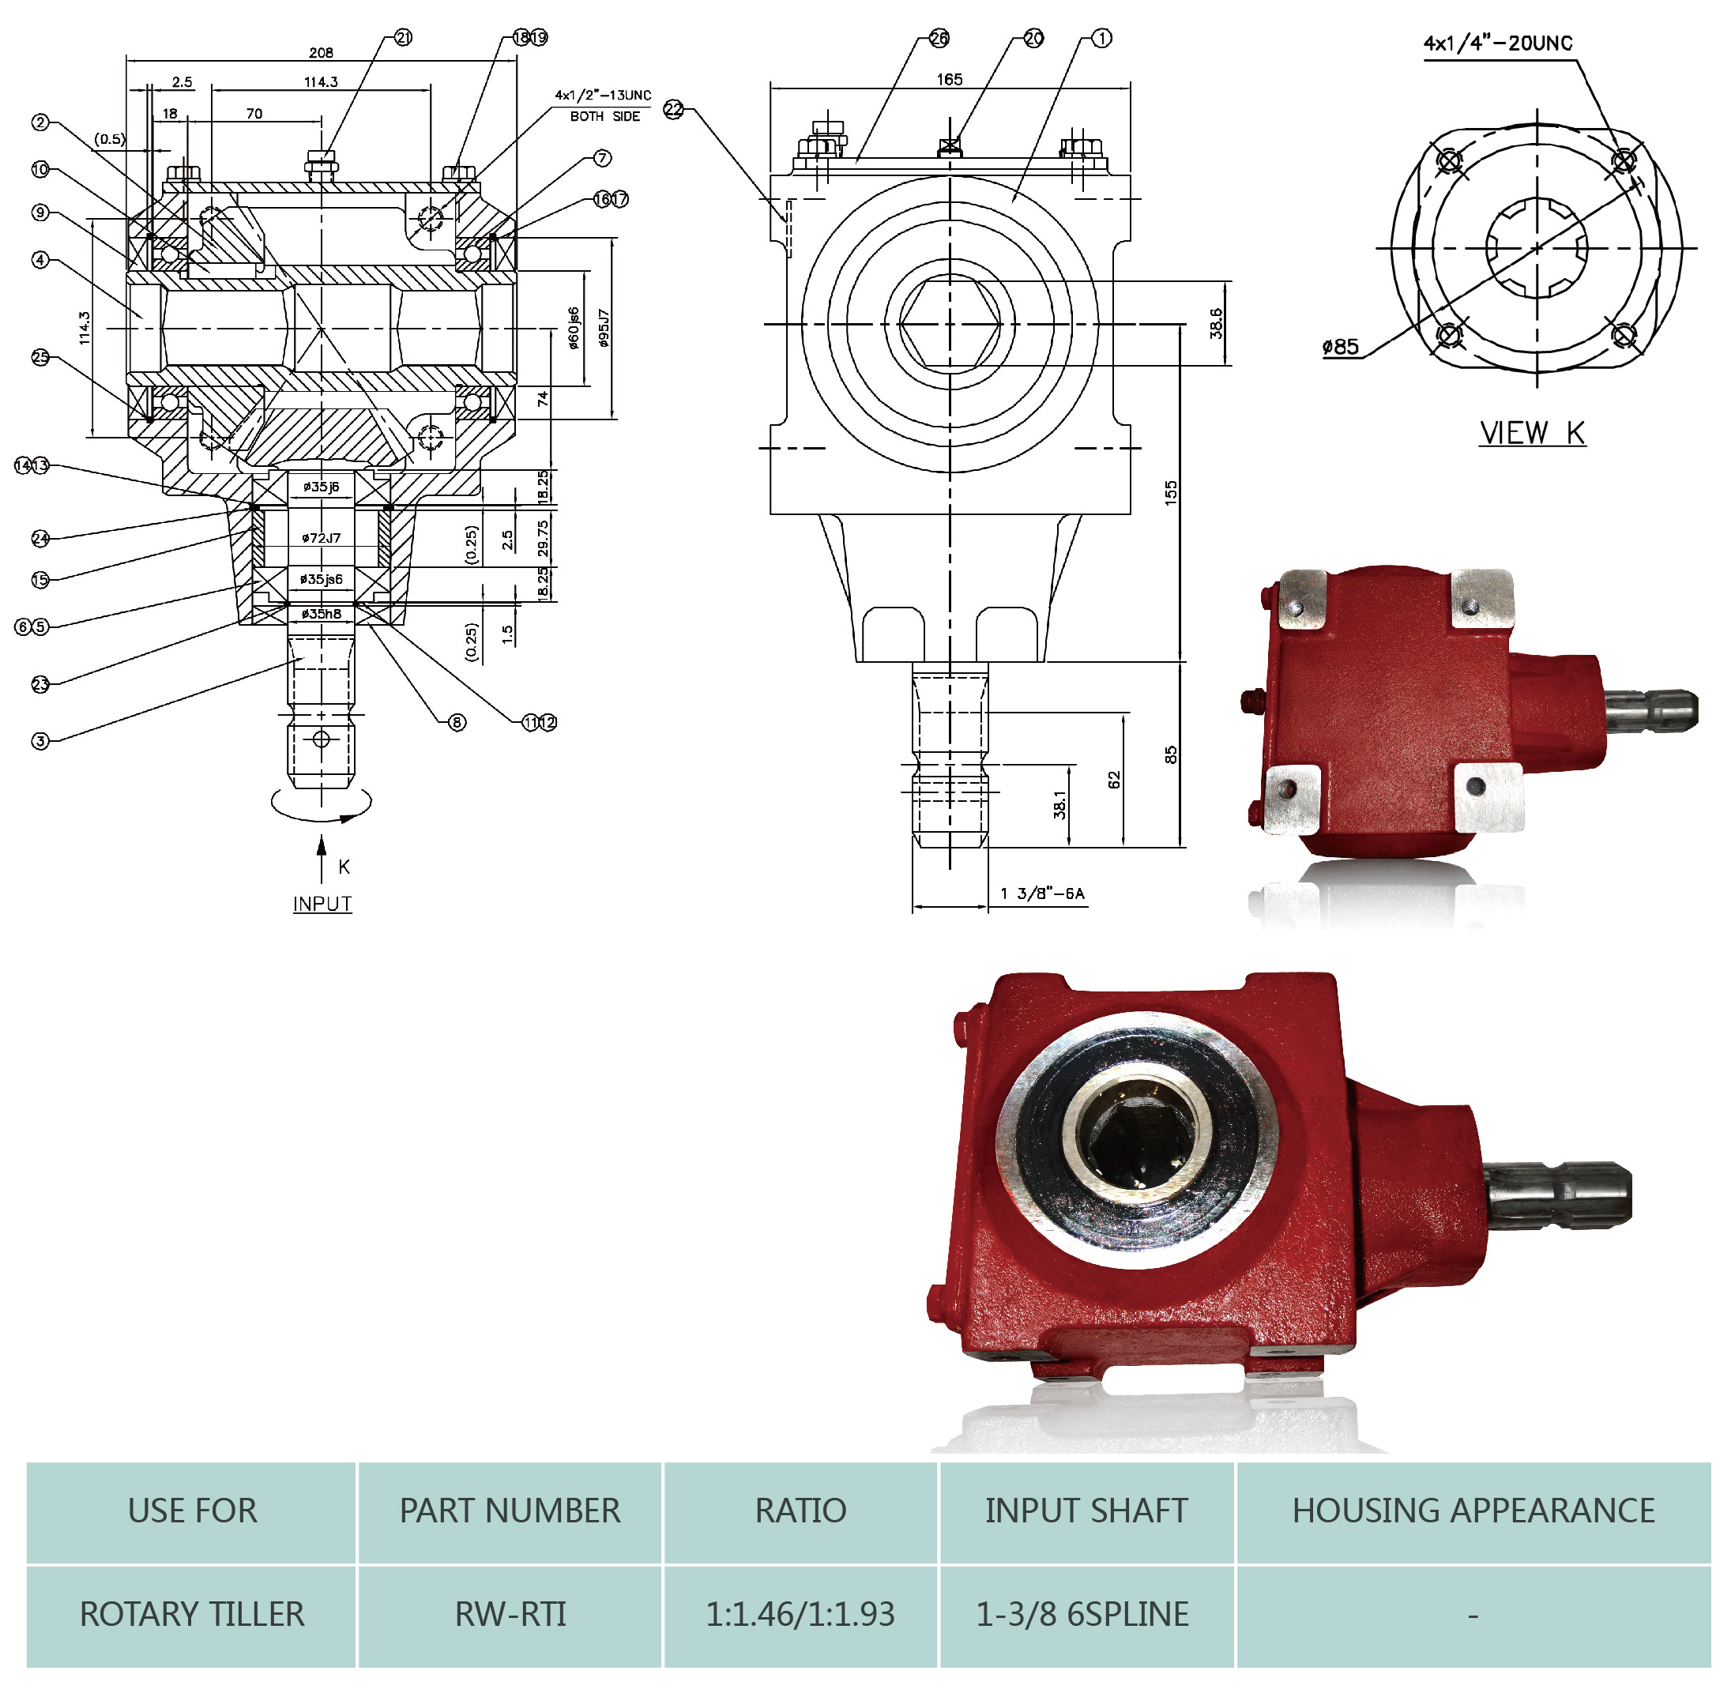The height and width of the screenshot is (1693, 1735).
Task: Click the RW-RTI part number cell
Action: click(510, 1613)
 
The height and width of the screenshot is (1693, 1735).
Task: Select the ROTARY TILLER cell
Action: click(192, 1613)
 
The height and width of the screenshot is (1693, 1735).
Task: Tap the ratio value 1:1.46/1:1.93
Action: click(800, 1613)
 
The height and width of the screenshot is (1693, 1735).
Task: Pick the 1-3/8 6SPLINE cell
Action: click(1082, 1613)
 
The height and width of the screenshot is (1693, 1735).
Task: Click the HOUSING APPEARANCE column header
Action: click(1473, 1510)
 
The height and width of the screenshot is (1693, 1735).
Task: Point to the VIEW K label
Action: click(1531, 433)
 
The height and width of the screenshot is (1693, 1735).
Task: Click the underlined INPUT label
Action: click(322, 904)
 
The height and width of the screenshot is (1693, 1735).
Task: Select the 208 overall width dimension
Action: click(321, 52)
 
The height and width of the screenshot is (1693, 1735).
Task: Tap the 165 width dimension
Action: click(949, 79)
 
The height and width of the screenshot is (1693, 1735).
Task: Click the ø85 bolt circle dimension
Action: click(1340, 347)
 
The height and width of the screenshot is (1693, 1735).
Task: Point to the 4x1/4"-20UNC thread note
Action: click(1497, 43)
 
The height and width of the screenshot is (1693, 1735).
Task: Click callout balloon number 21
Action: click(403, 37)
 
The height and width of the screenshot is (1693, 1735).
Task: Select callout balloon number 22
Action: click(674, 109)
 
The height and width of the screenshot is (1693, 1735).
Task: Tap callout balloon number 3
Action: click(40, 741)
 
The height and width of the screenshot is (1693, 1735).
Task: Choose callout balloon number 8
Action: click(457, 722)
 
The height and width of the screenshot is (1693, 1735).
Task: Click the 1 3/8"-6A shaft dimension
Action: click(1042, 893)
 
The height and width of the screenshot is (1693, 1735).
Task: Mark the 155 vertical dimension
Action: click(1170, 493)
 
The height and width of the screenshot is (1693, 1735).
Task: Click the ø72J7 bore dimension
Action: click(320, 537)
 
